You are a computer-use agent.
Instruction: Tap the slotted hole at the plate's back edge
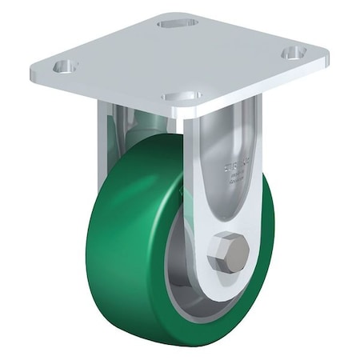pos(174,23)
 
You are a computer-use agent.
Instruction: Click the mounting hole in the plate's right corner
pos(294,51)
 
